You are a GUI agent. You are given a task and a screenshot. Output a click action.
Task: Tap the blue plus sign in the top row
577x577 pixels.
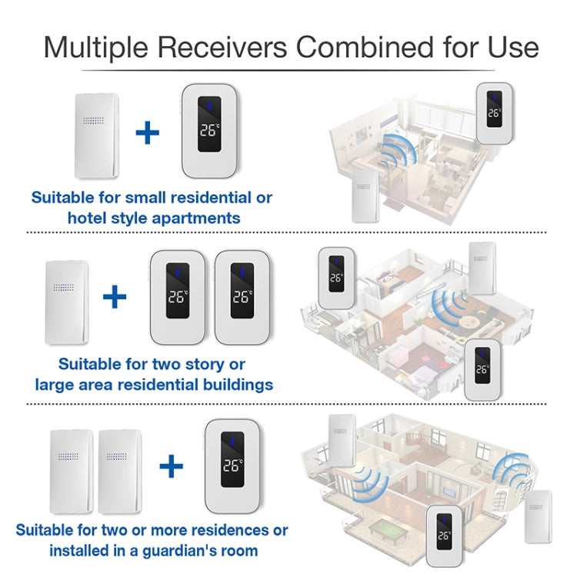pyautogui.click(x=147, y=132)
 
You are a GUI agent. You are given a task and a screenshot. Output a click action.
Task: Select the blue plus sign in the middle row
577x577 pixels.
pyautogui.click(x=115, y=295)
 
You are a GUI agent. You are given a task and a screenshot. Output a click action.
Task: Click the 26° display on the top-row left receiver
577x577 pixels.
pyautogui.click(x=208, y=130)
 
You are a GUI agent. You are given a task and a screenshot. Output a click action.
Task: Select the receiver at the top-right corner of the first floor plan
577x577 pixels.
pyautogui.click(x=494, y=115)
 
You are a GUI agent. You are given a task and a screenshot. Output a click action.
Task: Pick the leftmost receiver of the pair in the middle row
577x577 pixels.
pyautogui.click(x=178, y=297)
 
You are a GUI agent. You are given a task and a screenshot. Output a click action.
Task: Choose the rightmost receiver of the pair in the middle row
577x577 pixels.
pyautogui.click(x=242, y=297)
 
